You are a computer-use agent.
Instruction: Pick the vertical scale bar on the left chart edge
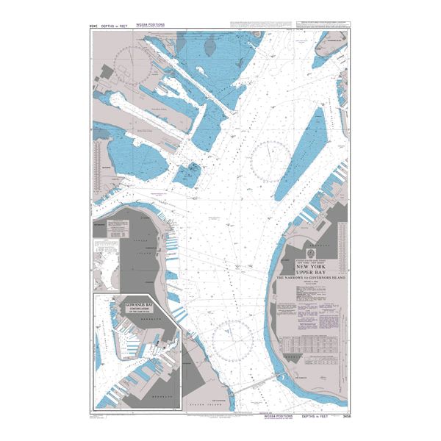[x=96, y=162]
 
